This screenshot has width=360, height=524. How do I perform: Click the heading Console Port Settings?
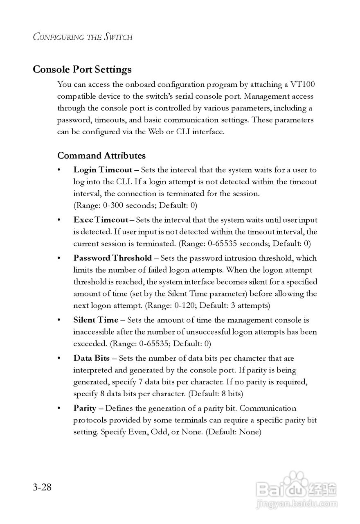[82, 69]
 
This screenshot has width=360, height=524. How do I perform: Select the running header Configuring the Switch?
[83, 37]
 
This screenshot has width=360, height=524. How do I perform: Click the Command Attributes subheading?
[101, 156]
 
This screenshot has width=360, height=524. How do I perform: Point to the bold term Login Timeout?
[103, 170]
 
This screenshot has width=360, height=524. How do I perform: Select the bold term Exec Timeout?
[101, 220]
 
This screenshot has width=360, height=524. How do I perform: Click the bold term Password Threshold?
[112, 258]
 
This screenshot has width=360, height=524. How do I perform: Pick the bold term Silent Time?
[96, 320]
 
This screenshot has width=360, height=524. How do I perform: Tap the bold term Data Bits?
[92, 358]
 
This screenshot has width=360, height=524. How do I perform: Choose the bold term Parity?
[85, 408]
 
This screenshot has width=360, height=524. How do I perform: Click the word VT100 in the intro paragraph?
[302, 85]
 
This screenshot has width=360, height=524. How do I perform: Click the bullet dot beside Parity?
[59, 409]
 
